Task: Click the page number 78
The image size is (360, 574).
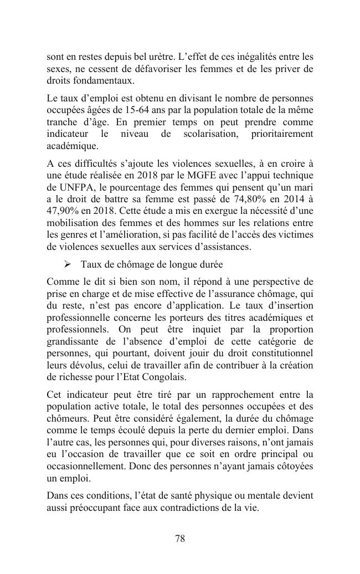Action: point(180,539)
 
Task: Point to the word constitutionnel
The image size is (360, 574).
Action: point(275,353)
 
